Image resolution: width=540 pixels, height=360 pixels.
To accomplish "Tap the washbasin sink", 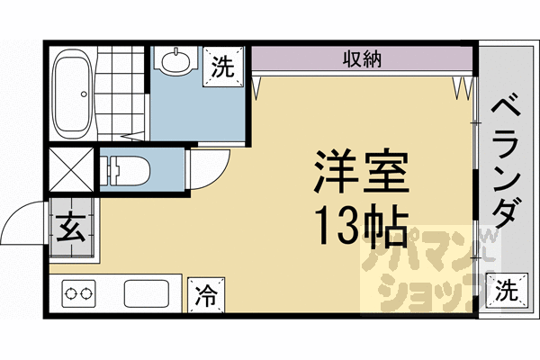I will pos(175,61).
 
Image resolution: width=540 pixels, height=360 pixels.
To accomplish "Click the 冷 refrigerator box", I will pos(207,292).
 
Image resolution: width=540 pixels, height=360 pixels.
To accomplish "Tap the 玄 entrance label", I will pos(71,229).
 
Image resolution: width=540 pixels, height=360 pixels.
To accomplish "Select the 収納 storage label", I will pos(363,60).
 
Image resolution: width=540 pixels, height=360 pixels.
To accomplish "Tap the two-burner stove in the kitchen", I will pos(78,292).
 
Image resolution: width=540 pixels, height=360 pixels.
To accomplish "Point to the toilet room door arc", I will pos(202,171).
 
